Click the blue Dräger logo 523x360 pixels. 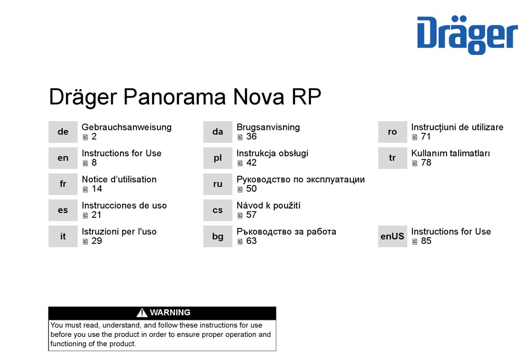467,35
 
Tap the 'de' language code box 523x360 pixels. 63,132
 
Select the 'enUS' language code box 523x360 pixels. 392,236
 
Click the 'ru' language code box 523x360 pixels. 218,184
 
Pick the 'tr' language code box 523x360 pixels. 392,158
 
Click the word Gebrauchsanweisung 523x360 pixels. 127,127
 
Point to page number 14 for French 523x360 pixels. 97,189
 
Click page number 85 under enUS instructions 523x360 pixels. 426,241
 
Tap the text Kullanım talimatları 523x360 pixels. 450,153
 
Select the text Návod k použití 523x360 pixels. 269,205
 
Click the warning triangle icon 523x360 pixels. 141,313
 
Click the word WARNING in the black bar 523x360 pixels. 170,313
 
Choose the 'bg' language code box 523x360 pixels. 218,236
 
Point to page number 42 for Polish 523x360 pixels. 251,163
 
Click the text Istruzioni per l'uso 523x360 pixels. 119,232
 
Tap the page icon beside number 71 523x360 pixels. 415,137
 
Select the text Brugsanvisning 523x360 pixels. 268,127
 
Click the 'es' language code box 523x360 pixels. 63,210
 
